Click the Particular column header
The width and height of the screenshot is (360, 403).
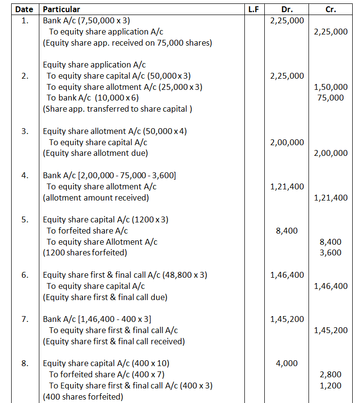(x=62, y=9)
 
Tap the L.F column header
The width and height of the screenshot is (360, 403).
(x=253, y=9)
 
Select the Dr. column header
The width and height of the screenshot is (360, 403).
(x=287, y=9)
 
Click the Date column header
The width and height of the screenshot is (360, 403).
(x=24, y=9)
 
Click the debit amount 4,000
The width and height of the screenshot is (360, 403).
(x=287, y=363)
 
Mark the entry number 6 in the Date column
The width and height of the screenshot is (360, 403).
(x=25, y=275)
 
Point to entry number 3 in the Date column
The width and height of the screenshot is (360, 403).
(x=25, y=131)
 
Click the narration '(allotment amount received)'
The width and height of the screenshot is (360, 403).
(x=96, y=198)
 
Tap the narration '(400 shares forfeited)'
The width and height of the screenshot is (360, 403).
(x=83, y=397)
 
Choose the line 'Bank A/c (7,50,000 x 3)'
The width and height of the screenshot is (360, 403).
(x=86, y=20)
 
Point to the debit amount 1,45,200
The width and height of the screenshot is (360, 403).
(x=287, y=319)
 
